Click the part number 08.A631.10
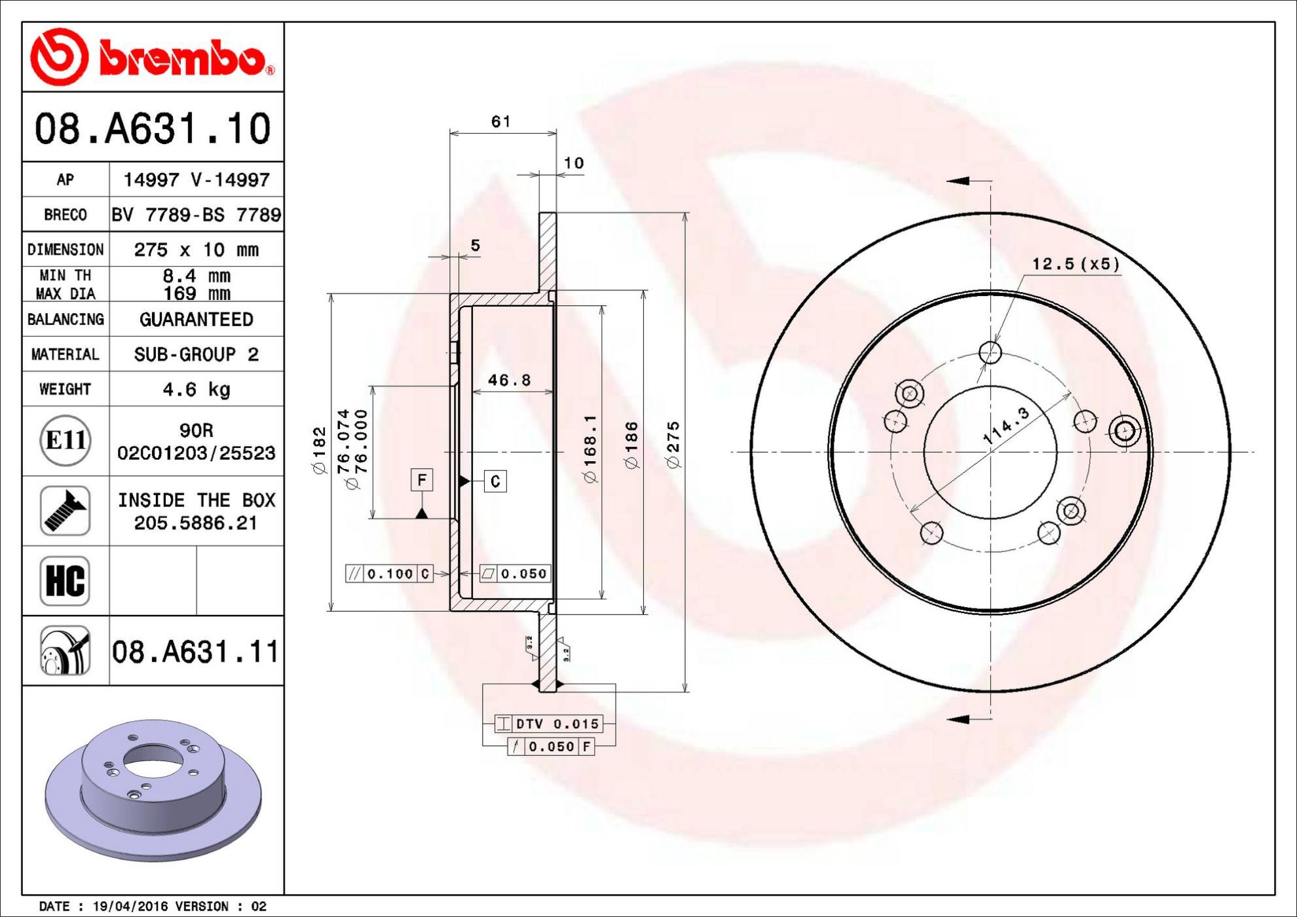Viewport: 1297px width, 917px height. pyautogui.click(x=153, y=128)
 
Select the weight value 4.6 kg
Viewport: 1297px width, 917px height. pyautogui.click(x=197, y=389)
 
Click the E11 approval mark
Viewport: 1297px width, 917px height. pyautogui.click(x=66, y=440)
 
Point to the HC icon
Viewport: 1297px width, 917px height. pyautogui.click(x=65, y=581)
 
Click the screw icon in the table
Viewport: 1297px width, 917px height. pyautogui.click(x=65, y=511)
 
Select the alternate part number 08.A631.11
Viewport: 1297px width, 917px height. pyautogui.click(x=196, y=652)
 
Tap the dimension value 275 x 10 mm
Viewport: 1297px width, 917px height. pyautogui.click(x=197, y=250)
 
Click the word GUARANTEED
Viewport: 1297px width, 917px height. pyautogui.click(x=197, y=320)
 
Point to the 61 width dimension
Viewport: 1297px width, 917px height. pyautogui.click(x=501, y=121)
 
